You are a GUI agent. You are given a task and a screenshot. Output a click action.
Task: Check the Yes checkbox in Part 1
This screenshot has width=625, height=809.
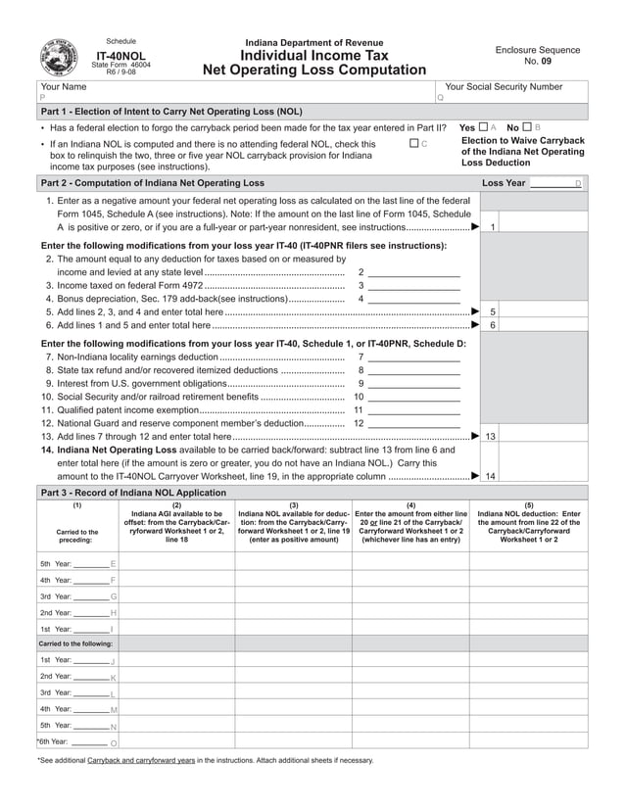pos(483,127)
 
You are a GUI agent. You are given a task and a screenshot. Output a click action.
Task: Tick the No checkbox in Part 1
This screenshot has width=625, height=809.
pos(527,127)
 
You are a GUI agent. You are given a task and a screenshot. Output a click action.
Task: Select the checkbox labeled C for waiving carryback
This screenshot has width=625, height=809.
pos(413,144)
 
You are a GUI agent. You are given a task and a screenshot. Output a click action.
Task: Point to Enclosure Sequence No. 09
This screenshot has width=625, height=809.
pos(537,56)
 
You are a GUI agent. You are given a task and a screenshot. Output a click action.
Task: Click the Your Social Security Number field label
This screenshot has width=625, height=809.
pos(504,87)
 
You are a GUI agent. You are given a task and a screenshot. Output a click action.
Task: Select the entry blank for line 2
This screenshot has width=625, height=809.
pos(413,272)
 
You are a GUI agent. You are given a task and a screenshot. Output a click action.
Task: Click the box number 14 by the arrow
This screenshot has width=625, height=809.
pos(491,476)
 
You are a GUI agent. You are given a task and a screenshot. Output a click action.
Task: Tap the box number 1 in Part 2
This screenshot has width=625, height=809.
pos(491,227)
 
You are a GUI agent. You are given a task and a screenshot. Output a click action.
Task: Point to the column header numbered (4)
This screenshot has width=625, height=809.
pos(410,504)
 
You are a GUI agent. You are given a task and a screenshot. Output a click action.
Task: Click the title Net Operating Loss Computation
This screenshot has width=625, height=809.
pos(313,71)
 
